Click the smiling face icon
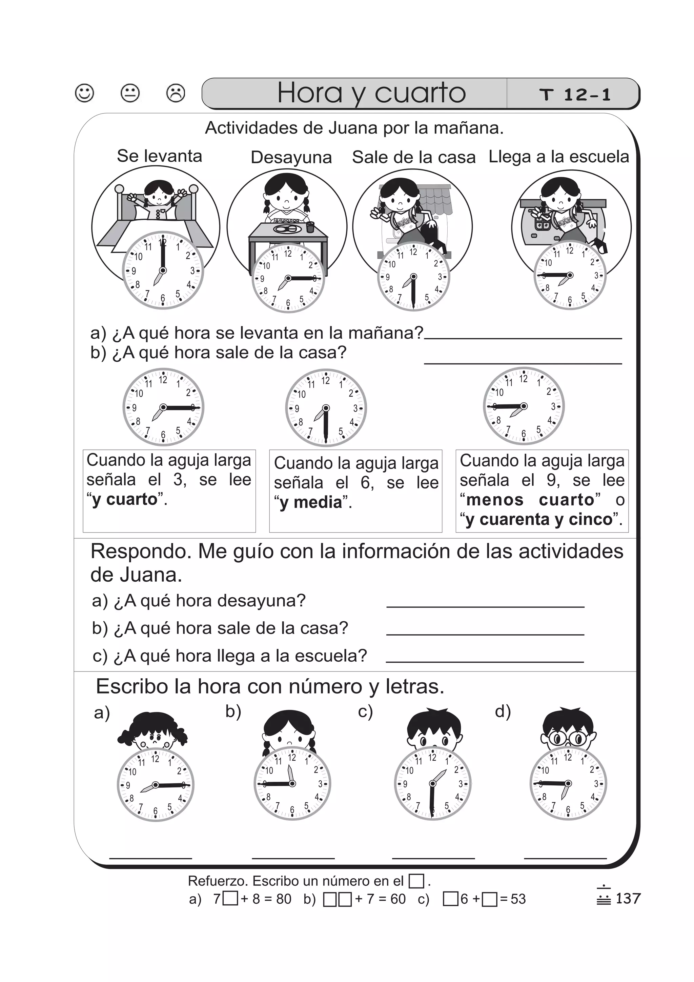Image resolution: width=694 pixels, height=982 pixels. coord(84,93)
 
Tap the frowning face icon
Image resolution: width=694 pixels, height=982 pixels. coord(175,93)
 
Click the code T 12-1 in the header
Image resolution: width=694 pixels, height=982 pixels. coord(575,95)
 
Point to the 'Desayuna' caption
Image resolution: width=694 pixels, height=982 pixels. coord(291,157)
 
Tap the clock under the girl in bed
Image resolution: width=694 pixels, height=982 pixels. coord(163,270)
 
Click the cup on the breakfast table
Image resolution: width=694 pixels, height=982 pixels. coord(310,227)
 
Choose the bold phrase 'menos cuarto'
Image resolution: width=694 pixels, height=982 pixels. coord(530,500)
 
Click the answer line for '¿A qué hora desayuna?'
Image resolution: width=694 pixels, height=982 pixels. coord(485,606)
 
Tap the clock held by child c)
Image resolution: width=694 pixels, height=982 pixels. coord(432,784)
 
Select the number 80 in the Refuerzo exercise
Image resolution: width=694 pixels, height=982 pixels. coord(284,899)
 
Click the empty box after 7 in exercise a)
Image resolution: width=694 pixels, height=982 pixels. coord(230,899)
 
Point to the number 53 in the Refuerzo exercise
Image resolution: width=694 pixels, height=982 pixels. coord(518,899)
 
